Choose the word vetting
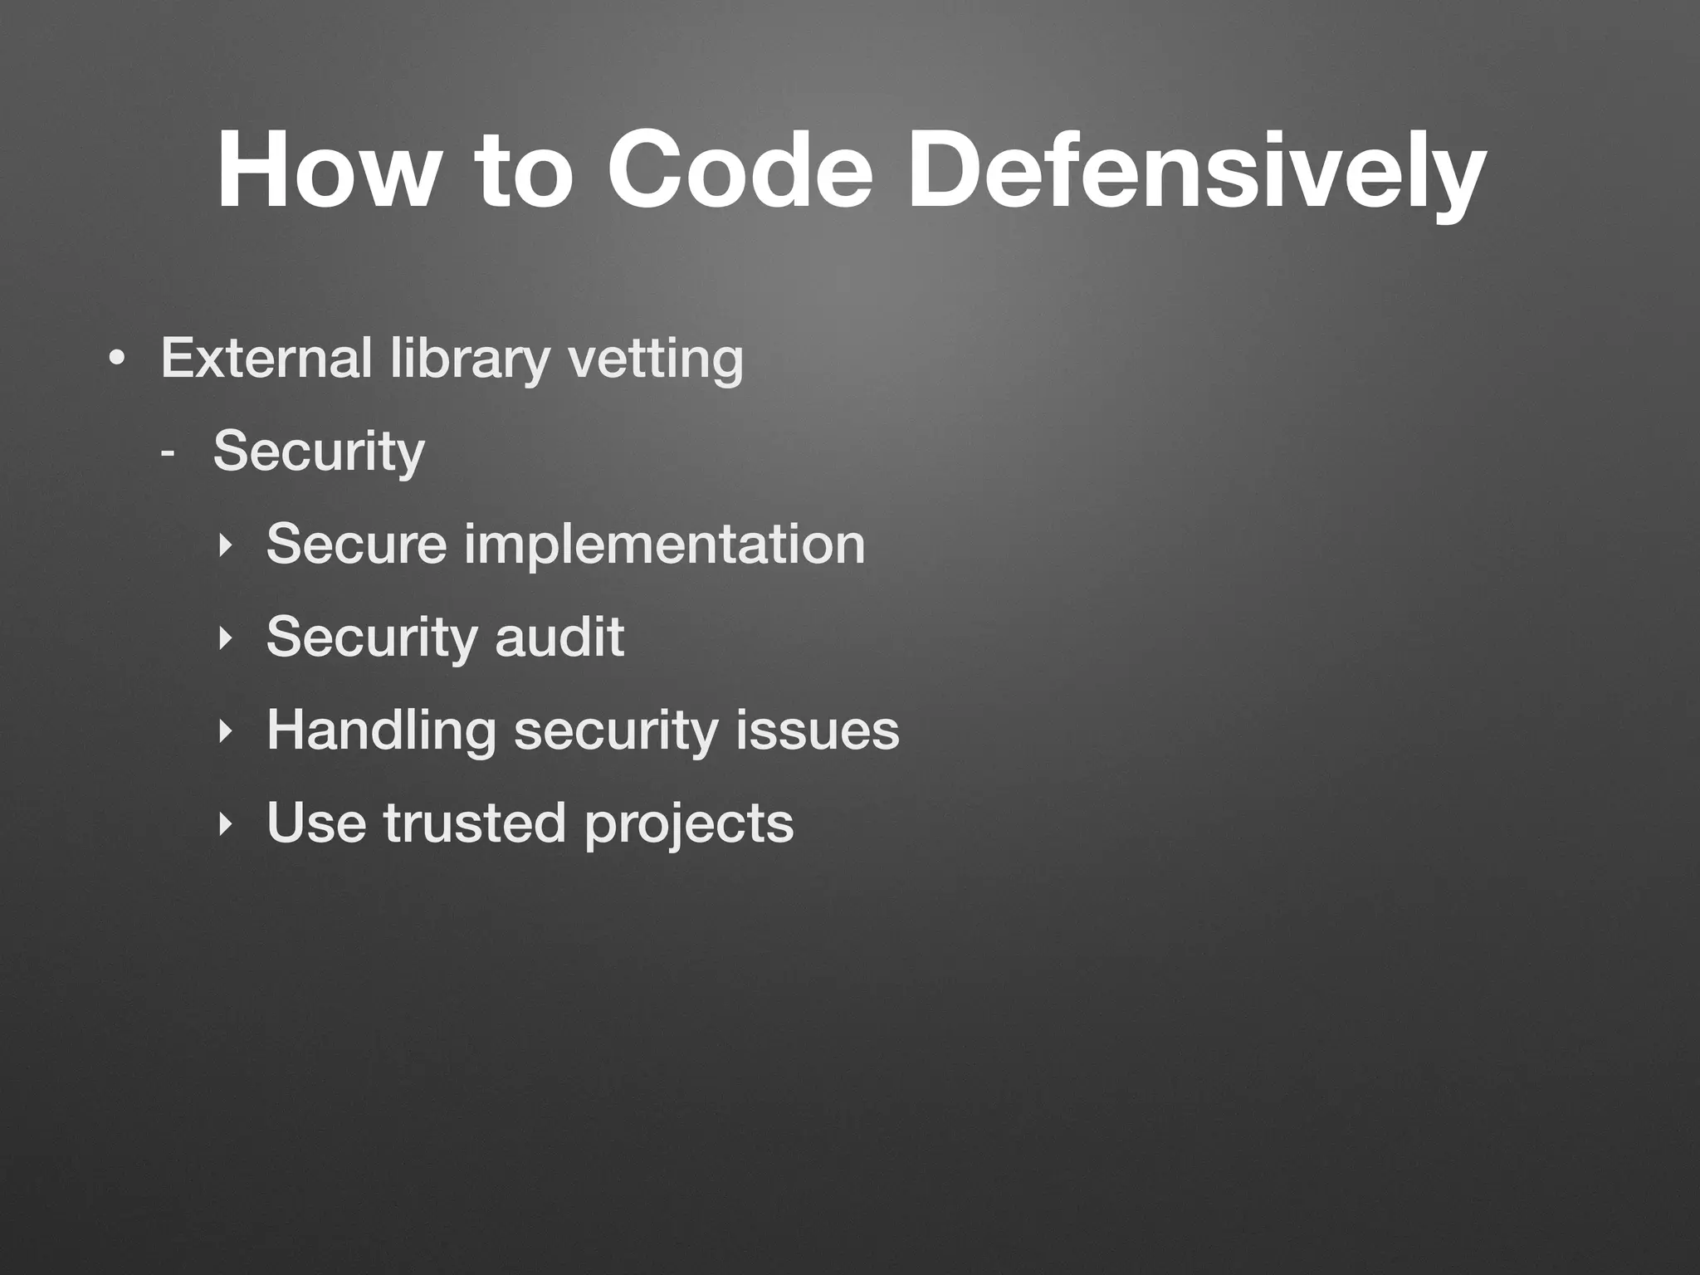coord(655,359)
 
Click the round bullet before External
coord(117,359)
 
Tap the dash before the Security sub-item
coord(169,453)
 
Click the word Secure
coord(356,544)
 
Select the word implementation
coord(664,545)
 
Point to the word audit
coord(559,637)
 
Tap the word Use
coord(316,823)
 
